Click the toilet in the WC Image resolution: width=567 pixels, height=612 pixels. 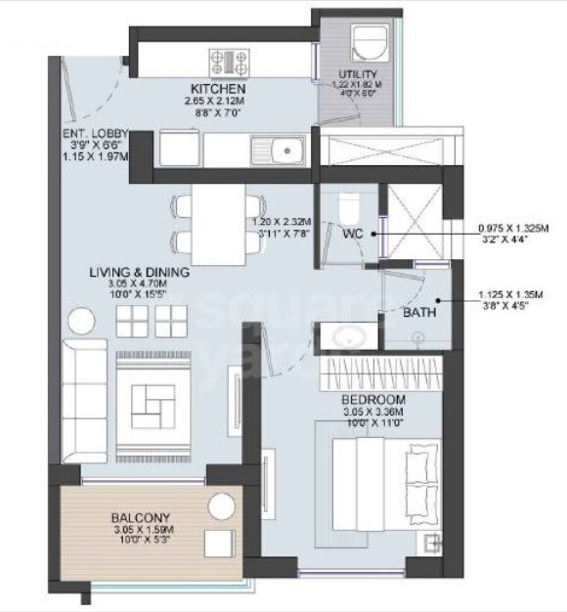349,207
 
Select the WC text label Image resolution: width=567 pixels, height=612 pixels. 353,235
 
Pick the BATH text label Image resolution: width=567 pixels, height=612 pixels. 418,314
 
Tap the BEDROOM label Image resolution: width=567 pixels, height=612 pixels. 372,401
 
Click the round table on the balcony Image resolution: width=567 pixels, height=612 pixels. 222,506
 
